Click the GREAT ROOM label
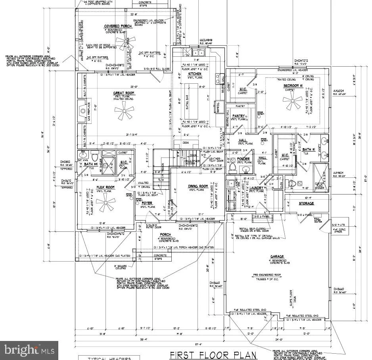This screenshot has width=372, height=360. point(124,93)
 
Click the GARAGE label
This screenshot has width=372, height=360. point(276,256)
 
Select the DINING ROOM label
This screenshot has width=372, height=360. point(198,186)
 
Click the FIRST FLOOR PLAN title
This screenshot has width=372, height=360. point(213,354)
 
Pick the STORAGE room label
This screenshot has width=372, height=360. point(306,203)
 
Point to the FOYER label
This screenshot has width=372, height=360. point(147,203)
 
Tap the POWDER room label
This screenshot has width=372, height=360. point(243,159)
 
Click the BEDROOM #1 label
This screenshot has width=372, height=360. point(293,86)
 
